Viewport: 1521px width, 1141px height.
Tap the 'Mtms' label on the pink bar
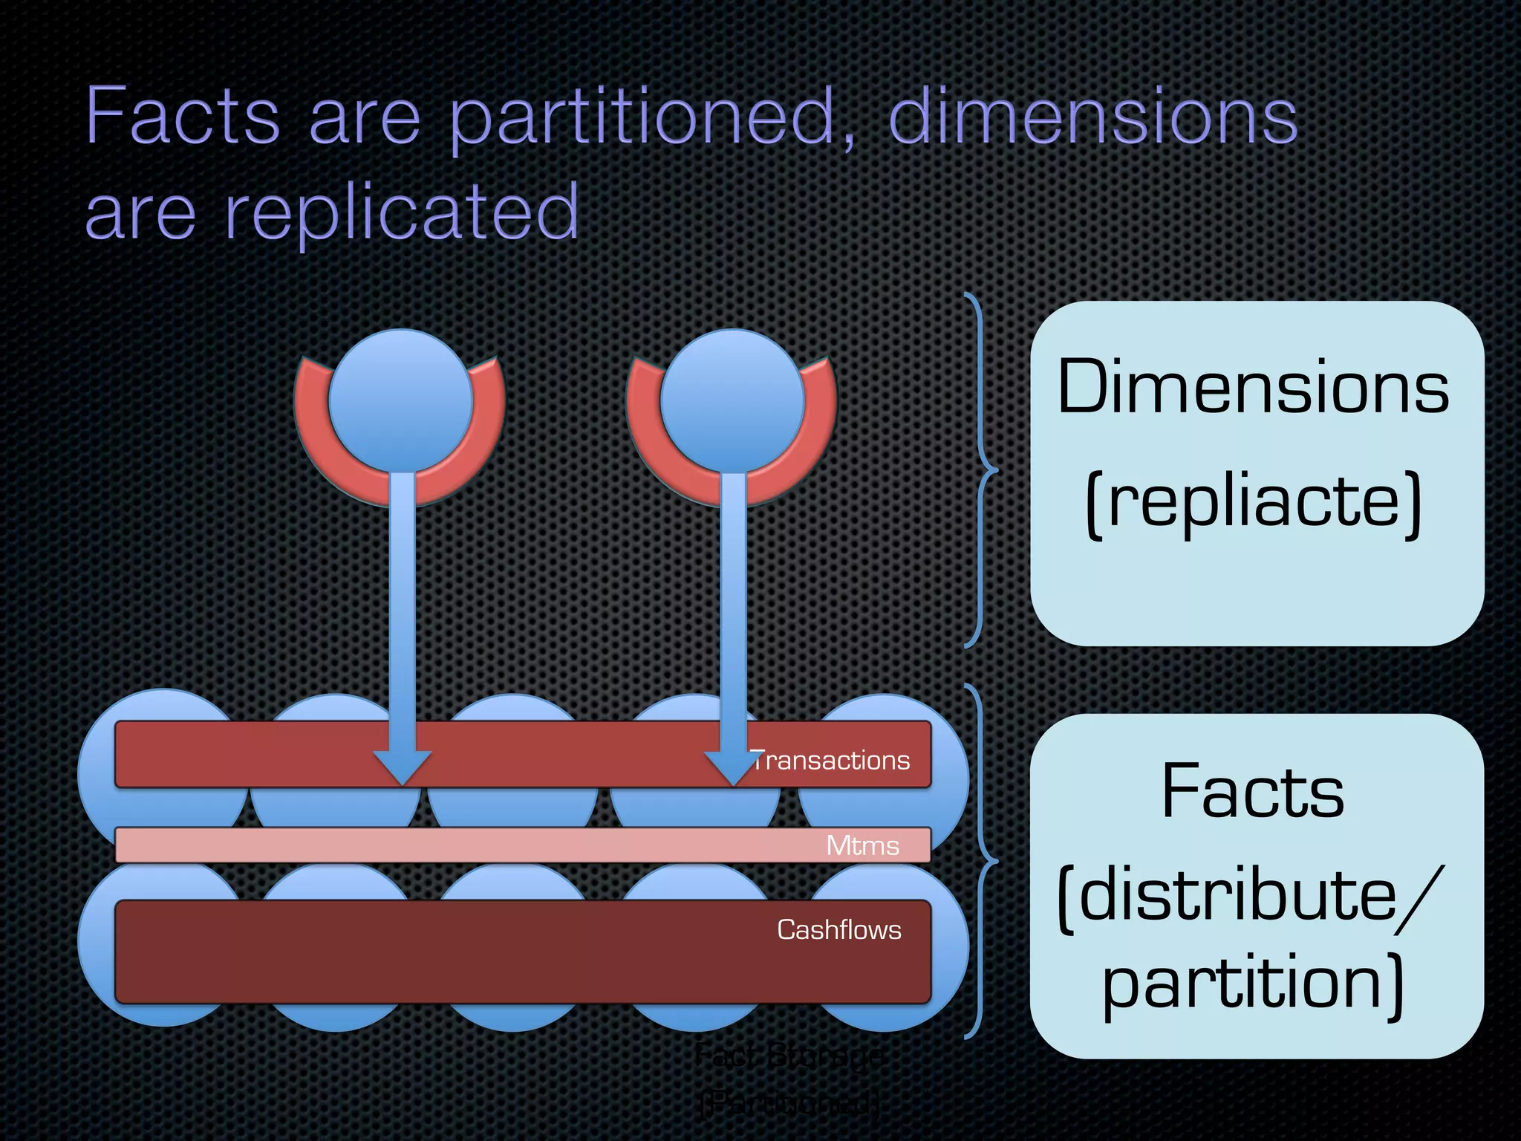pos(862,845)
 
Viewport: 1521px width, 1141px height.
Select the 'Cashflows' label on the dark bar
pos(838,929)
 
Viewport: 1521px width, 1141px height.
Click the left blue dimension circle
pos(401,401)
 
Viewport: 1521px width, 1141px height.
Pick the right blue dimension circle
pos(732,401)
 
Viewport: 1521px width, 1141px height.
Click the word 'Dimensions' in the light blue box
pos(1254,388)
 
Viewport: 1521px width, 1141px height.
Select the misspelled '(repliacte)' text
pos(1254,501)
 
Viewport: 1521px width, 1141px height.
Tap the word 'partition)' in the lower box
pos(1254,984)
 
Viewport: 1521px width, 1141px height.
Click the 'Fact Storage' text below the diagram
pos(791,1056)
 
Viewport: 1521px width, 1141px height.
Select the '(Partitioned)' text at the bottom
pos(791,1103)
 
